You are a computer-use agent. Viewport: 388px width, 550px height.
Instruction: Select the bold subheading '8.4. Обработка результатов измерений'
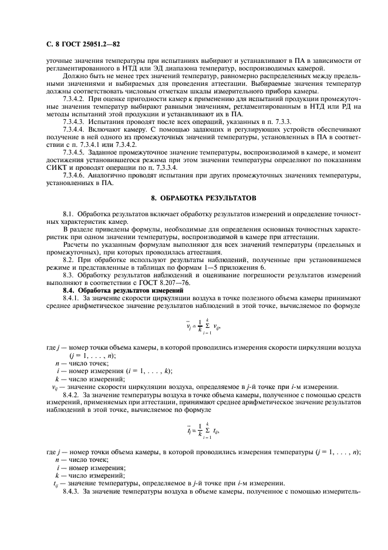[117, 291]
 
